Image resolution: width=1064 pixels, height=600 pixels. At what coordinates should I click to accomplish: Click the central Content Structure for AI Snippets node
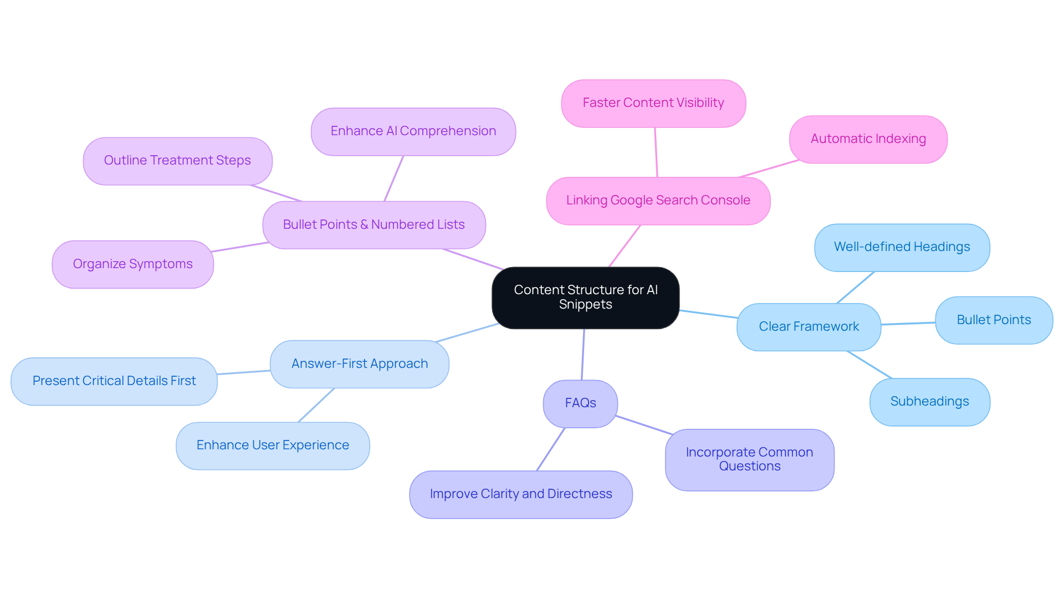[585, 298]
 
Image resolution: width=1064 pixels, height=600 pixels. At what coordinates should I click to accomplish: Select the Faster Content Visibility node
[653, 103]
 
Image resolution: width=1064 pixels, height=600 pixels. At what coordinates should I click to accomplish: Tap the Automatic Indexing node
[868, 139]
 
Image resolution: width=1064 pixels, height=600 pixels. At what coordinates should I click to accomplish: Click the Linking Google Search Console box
[658, 201]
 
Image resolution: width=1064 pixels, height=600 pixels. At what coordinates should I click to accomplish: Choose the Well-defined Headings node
[902, 247]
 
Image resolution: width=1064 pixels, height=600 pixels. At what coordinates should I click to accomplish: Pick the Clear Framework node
[809, 327]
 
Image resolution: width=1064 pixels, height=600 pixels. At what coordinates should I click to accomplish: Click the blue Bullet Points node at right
[994, 320]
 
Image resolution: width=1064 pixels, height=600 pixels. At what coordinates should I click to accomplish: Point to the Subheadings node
[929, 402]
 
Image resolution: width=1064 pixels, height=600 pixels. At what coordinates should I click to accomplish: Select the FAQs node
[580, 403]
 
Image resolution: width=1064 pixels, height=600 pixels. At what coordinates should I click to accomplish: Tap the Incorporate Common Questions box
[749, 459]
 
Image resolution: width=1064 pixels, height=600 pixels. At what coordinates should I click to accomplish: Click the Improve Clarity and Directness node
[520, 494]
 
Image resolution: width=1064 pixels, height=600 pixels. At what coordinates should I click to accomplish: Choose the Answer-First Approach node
[359, 364]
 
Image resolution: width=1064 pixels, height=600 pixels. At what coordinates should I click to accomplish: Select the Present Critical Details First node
[114, 381]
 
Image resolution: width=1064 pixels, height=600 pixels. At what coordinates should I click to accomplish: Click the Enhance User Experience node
[273, 445]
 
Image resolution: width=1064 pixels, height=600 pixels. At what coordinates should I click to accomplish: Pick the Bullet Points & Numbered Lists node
[374, 225]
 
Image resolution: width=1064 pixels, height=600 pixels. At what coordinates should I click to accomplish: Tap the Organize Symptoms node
[132, 264]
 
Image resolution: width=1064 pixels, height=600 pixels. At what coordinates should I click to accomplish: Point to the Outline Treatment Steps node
[177, 161]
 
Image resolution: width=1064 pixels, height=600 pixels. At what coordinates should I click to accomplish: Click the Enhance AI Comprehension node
[413, 131]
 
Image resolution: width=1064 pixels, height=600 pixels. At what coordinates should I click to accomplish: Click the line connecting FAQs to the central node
[583, 355]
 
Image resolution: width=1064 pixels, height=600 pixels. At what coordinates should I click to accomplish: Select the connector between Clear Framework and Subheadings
[869, 365]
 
